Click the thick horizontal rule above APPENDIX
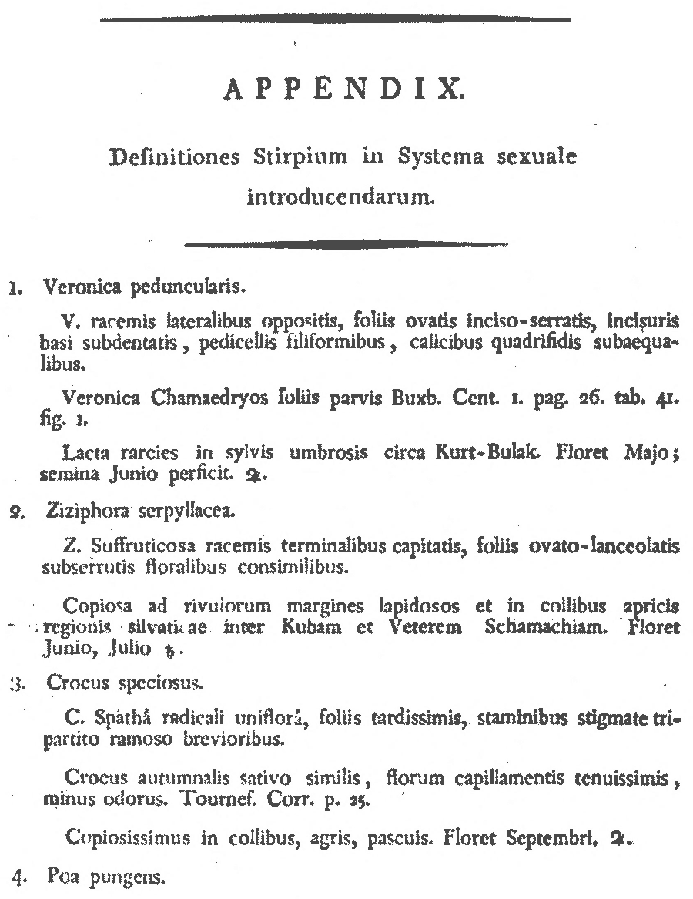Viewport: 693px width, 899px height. point(336,18)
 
